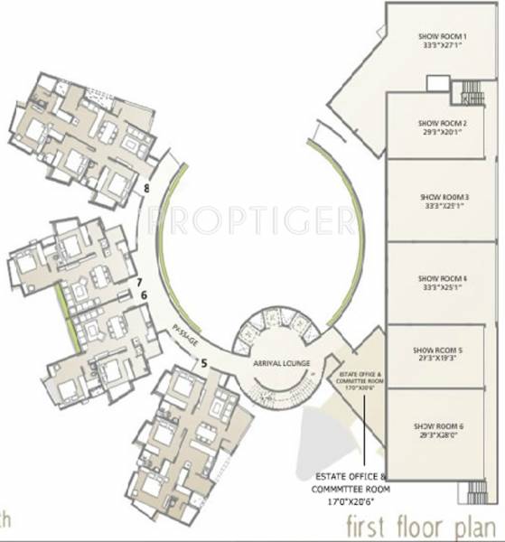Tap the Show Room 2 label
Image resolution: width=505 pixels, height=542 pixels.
[x=442, y=122]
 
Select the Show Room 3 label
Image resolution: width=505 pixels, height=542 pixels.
[x=442, y=196]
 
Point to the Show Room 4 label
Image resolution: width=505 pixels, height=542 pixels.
[x=442, y=277]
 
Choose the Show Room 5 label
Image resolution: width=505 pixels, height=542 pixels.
[x=442, y=349]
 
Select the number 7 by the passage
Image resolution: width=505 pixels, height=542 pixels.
[x=141, y=283]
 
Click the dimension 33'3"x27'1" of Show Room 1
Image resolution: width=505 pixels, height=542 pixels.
[x=442, y=47]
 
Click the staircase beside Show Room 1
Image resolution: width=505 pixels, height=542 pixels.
[x=470, y=91]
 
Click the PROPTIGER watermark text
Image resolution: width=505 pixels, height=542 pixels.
[x=250, y=218]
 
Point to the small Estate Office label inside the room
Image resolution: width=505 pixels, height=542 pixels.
[x=360, y=378]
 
